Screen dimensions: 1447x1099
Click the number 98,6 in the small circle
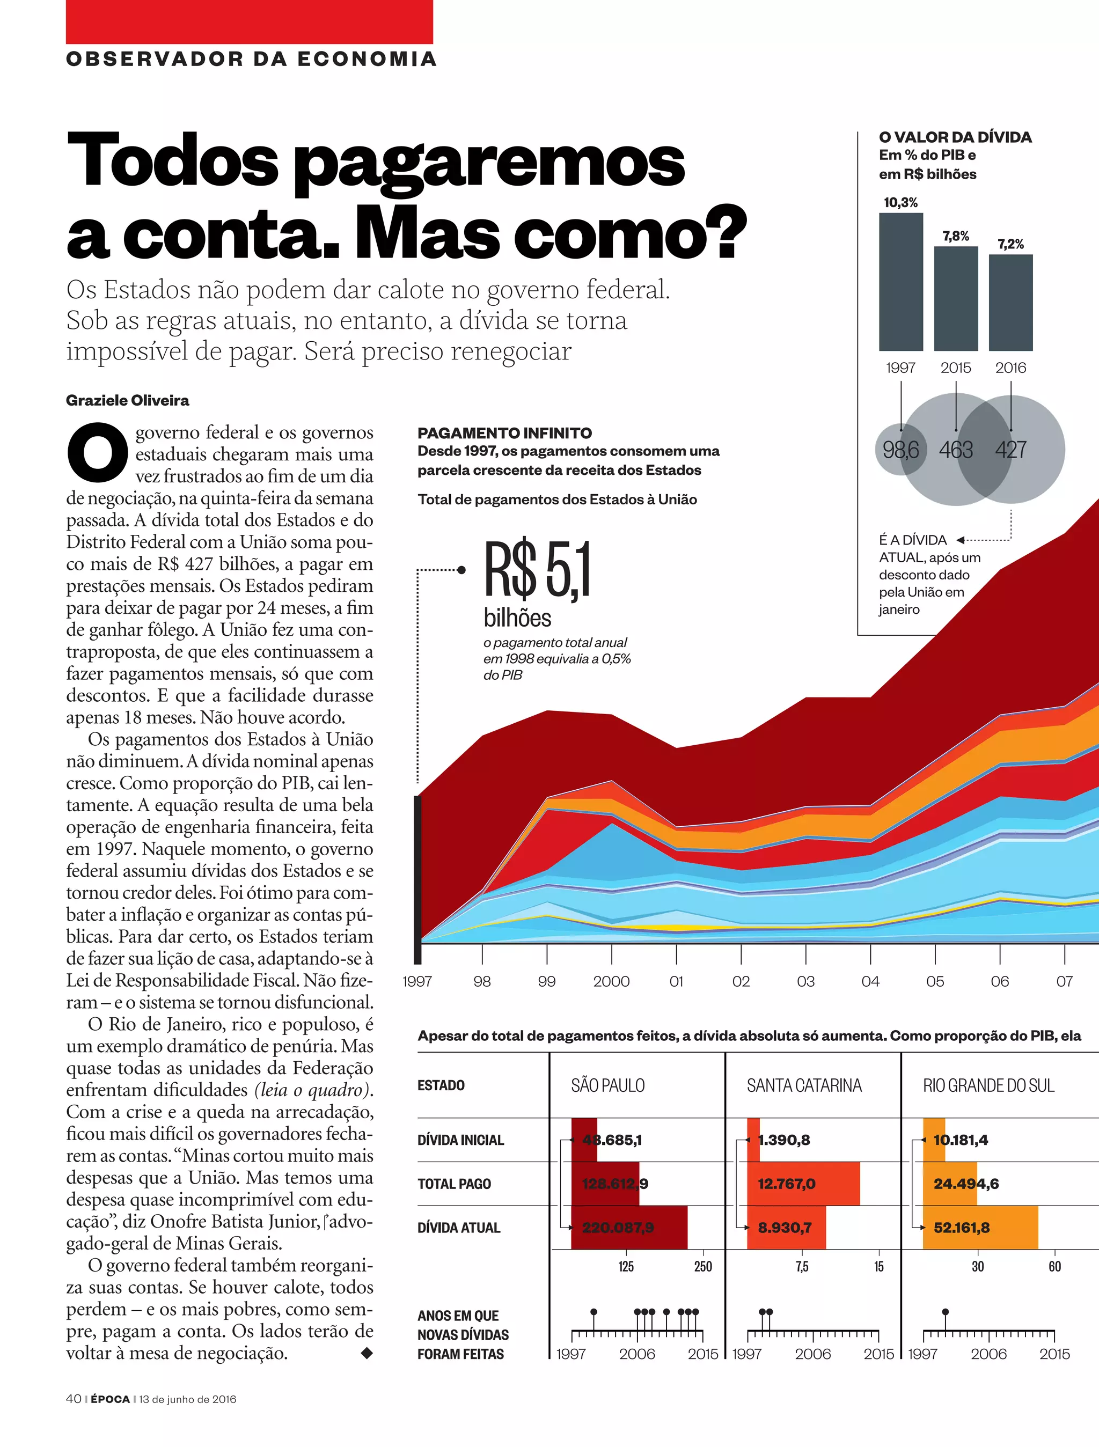point(901,450)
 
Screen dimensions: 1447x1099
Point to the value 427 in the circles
point(1010,450)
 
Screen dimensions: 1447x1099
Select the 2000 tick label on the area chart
point(611,981)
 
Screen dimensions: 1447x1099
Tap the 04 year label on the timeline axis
point(870,981)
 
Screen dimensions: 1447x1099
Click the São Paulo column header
point(607,1086)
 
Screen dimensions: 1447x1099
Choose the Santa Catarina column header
point(804,1086)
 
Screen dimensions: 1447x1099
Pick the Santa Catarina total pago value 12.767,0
point(786,1184)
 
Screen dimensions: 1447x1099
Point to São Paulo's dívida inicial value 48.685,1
point(612,1140)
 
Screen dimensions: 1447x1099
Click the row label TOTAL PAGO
point(454,1184)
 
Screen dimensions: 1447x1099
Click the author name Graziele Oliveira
point(128,400)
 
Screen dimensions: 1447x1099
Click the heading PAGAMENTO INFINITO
point(504,433)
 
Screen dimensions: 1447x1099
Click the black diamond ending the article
point(367,1353)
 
